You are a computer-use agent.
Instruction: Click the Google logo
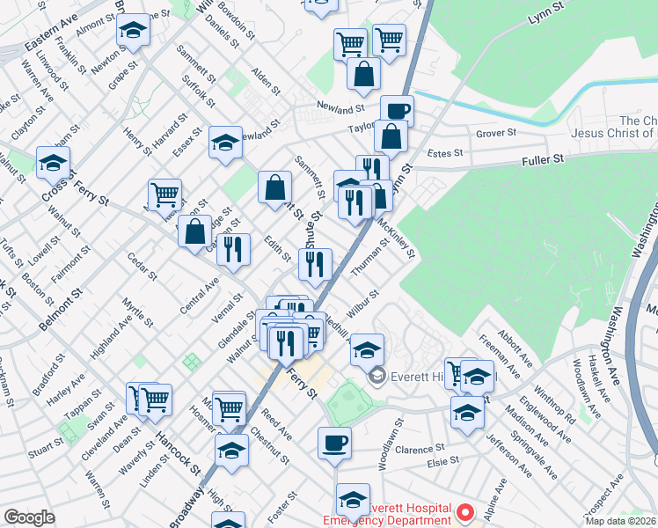point(29,517)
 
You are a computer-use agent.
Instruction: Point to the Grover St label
point(495,135)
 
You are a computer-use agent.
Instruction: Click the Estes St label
point(445,153)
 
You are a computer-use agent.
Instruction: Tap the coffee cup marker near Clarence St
point(333,443)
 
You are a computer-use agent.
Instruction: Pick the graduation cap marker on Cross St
point(53,163)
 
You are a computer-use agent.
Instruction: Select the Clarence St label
point(414,450)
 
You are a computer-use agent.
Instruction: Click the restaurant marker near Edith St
point(233,249)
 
